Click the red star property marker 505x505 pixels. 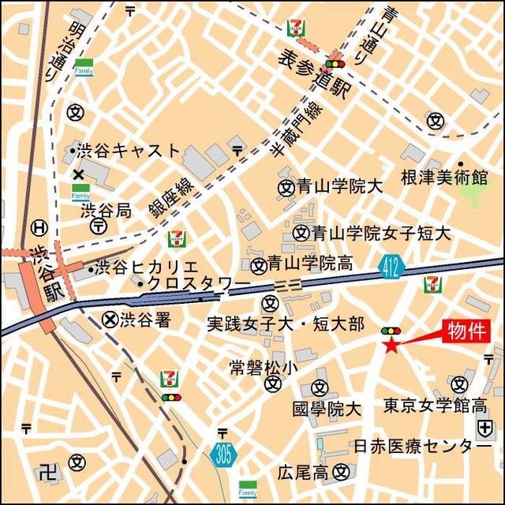coord(391,344)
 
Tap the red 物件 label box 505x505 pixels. coord(468,330)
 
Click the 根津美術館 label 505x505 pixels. coord(444,176)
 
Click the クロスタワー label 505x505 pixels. coord(197,284)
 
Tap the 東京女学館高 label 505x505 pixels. coord(434,406)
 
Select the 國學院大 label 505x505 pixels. coord(326,409)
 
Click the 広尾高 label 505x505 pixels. coord(303,472)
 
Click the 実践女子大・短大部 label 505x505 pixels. coord(285,324)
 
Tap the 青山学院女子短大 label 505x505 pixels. coord(380,234)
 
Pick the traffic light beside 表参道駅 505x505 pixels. coord(338,64)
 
